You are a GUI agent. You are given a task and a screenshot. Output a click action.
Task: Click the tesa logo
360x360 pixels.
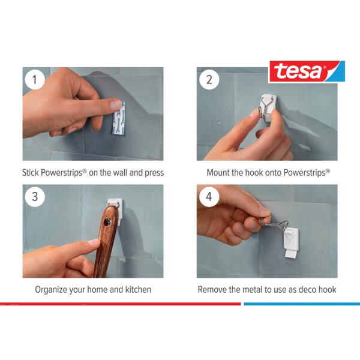click(x=307, y=71)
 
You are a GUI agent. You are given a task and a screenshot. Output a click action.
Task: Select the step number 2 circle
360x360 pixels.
click(x=209, y=80)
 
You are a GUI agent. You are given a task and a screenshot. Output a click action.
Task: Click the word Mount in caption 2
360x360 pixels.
click(x=220, y=172)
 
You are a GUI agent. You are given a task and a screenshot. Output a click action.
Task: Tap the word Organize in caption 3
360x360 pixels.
click(x=54, y=289)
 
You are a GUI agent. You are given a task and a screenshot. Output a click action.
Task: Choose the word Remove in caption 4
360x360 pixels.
click(x=214, y=289)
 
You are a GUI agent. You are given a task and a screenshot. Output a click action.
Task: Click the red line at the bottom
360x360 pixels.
click(x=120, y=304)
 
